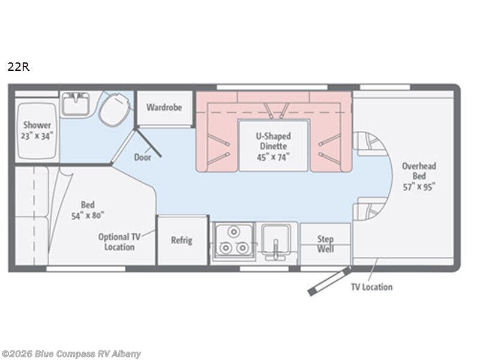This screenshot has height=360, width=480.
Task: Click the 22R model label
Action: tap(19, 67)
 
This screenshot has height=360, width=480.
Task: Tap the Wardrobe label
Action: tap(164, 107)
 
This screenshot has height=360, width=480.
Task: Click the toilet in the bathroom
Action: tap(115, 109)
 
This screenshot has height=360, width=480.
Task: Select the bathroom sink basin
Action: tap(75, 104)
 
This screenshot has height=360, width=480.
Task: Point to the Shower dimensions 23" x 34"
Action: tap(37, 136)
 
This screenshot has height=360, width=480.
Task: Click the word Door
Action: tap(143, 157)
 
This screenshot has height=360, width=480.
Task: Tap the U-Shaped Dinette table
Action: tap(274, 146)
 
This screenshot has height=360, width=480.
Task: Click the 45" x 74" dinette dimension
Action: tap(274, 157)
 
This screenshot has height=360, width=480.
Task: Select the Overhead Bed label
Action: tap(419, 171)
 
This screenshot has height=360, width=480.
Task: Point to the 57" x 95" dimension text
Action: tap(419, 187)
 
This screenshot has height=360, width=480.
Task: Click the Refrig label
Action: tap(182, 241)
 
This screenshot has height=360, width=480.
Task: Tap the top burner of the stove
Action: tap(233, 232)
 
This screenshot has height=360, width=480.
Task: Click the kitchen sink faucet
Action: tap(275, 249)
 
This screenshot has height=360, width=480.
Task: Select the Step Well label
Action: tap(325, 244)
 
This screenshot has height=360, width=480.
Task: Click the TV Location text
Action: tap(371, 287)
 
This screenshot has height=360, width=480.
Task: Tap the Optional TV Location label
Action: tap(119, 242)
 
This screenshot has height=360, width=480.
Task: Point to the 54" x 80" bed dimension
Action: tap(88, 215)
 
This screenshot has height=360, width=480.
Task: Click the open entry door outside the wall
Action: tap(329, 281)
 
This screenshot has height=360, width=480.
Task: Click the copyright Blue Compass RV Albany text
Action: tap(71, 354)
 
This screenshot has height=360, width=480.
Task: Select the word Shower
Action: tap(37, 125)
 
